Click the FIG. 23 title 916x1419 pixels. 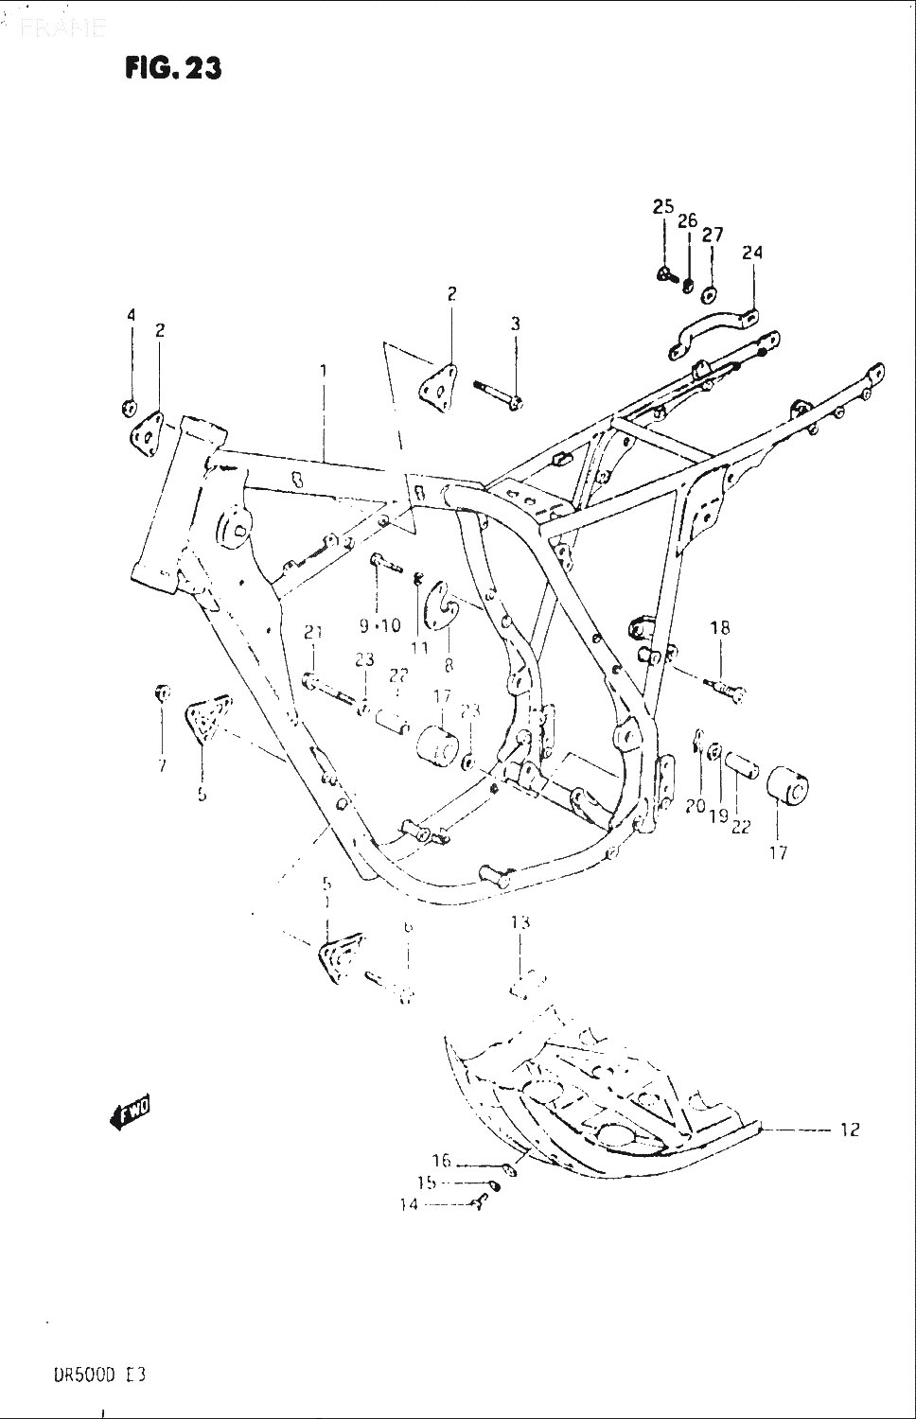[173, 68]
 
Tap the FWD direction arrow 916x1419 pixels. [131, 1114]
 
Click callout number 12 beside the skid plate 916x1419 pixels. [849, 1129]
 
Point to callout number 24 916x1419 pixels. [752, 253]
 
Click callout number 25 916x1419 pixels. [662, 207]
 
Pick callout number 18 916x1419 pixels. [720, 627]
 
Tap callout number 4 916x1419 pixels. [132, 314]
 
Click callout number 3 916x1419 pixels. [516, 324]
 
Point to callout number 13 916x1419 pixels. [520, 922]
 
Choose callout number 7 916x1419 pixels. [162, 764]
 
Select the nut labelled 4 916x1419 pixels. [128, 408]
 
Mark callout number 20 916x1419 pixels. [696, 806]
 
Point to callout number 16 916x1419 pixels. [442, 1161]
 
